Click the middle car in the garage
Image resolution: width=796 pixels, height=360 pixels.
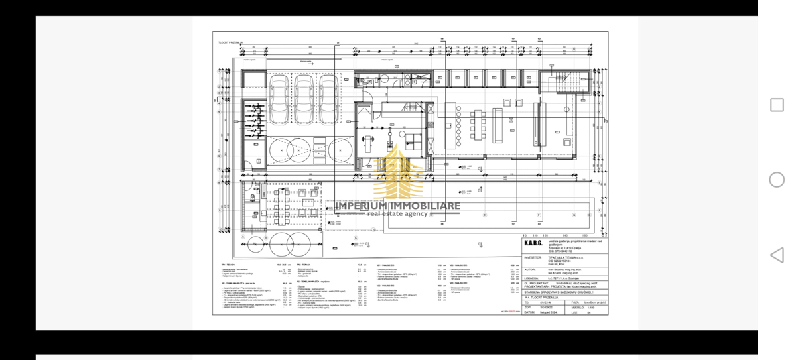point(304,99)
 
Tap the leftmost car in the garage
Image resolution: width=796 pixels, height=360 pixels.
point(279,99)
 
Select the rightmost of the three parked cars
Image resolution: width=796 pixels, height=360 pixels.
point(328,99)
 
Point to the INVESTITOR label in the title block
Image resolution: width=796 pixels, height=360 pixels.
point(533,257)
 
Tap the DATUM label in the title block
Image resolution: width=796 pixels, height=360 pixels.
point(529,312)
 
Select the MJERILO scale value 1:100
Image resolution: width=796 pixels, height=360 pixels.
point(582,307)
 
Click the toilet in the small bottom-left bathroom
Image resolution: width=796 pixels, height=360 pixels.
point(253,196)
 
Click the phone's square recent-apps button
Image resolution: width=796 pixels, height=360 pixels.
point(777,105)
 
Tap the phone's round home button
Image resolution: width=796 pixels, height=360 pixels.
point(777,180)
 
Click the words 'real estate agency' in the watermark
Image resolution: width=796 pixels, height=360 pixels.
point(398,214)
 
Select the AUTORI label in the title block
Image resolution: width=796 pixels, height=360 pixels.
point(530,269)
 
